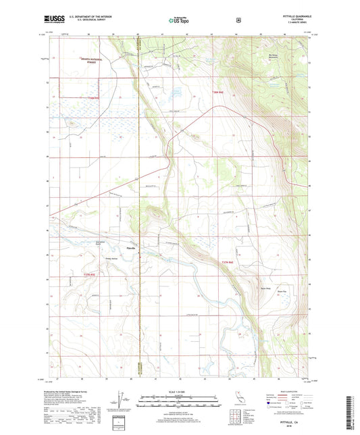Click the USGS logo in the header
(49, 20)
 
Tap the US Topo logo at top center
(179, 20)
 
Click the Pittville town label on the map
(132, 248)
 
